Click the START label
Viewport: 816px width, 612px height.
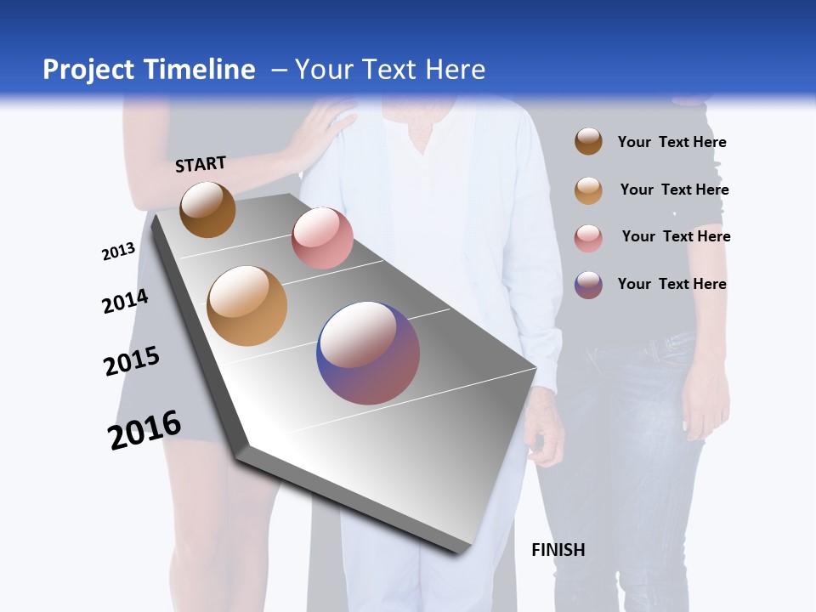(201, 164)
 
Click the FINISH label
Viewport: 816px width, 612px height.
(558, 550)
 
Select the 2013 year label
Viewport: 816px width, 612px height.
(118, 252)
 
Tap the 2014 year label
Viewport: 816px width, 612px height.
(125, 302)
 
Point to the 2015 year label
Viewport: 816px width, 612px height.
(132, 361)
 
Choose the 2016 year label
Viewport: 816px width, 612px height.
(144, 430)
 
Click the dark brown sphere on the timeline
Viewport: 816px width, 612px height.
(207, 209)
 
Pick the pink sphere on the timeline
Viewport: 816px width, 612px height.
(322, 238)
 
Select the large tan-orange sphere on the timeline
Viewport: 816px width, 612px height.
(247, 306)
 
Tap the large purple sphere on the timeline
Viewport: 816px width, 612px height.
(368, 353)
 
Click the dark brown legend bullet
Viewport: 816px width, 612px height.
(588, 141)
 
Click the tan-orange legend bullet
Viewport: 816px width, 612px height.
(588, 190)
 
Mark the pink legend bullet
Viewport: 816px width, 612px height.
(588, 238)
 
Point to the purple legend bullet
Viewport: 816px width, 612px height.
(588, 285)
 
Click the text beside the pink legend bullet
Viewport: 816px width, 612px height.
(676, 236)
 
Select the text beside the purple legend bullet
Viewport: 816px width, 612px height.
(671, 284)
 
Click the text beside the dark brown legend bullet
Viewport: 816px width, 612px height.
(671, 142)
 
